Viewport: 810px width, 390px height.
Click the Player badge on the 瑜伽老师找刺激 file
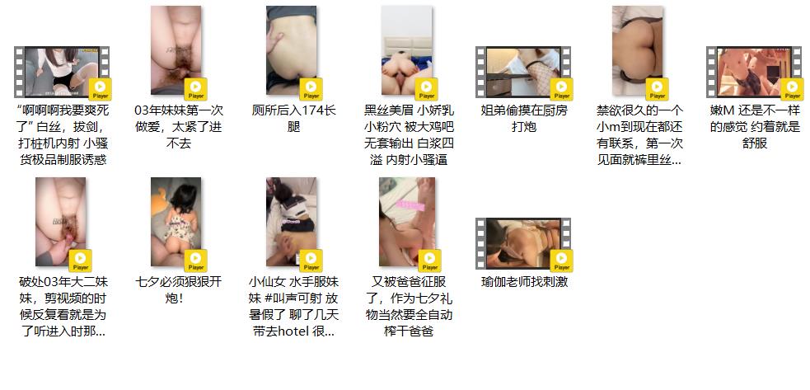(561, 261)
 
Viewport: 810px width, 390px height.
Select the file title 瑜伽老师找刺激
(524, 283)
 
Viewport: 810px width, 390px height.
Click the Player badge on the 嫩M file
(791, 89)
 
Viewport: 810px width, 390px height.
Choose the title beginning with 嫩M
(755, 127)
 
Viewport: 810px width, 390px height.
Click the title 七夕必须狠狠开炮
(178, 290)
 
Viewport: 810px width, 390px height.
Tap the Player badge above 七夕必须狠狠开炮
(195, 261)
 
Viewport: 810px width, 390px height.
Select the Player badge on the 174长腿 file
(311, 89)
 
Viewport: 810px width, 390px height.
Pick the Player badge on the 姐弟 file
(561, 89)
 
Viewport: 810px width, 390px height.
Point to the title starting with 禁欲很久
(639, 135)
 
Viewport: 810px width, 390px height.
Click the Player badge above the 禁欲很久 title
(657, 89)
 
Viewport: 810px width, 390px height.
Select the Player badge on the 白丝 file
(101, 89)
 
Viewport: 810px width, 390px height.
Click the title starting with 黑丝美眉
(410, 135)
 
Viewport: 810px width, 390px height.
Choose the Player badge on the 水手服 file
(311, 261)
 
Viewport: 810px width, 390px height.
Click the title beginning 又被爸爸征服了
(410, 307)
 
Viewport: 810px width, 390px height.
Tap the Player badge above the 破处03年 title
(80, 261)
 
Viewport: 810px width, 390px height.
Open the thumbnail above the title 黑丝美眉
(406, 50)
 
